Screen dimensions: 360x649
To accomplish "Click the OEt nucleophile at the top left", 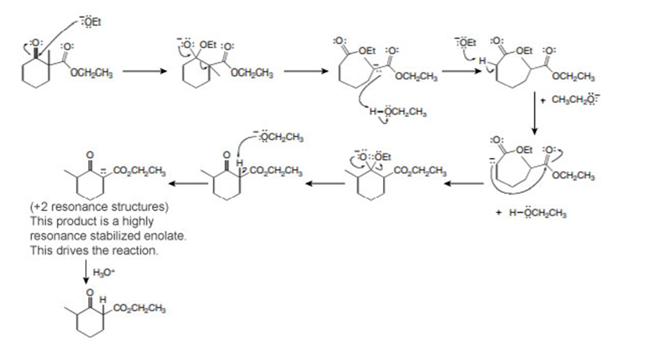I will pos(92,24).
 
